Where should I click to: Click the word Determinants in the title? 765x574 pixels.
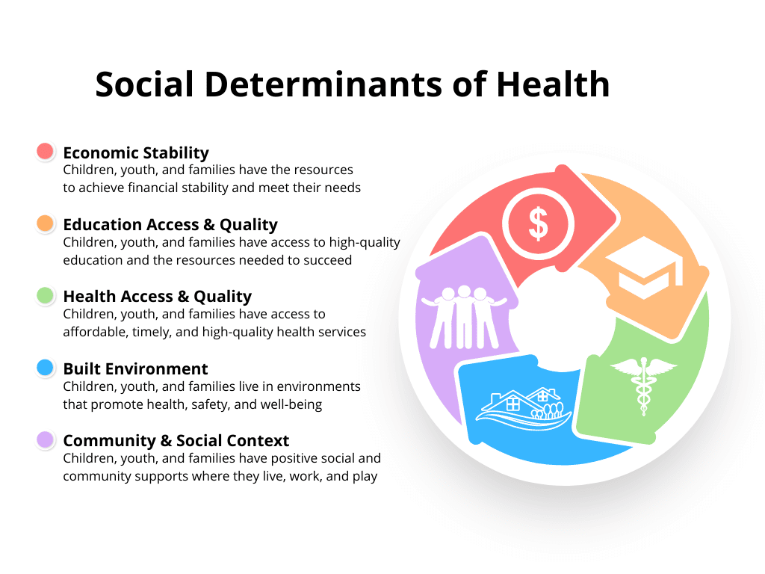(324, 84)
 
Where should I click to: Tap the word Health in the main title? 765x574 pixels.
(553, 84)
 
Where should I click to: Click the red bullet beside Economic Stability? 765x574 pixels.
(46, 151)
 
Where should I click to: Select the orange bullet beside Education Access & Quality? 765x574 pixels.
(46, 223)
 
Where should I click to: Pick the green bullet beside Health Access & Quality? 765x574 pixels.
(46, 295)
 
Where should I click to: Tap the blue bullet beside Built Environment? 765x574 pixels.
(46, 368)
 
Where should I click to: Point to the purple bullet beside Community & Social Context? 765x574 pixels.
(46, 439)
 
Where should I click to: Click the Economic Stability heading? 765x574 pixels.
(136, 152)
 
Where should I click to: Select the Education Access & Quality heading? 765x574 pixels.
(170, 224)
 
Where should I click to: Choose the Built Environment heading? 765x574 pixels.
(136, 368)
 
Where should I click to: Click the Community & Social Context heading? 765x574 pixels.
(176, 441)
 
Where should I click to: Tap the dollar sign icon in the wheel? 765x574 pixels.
(538, 224)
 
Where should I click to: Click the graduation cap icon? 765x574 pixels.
(644, 268)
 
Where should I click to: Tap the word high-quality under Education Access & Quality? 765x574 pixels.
(365, 243)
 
